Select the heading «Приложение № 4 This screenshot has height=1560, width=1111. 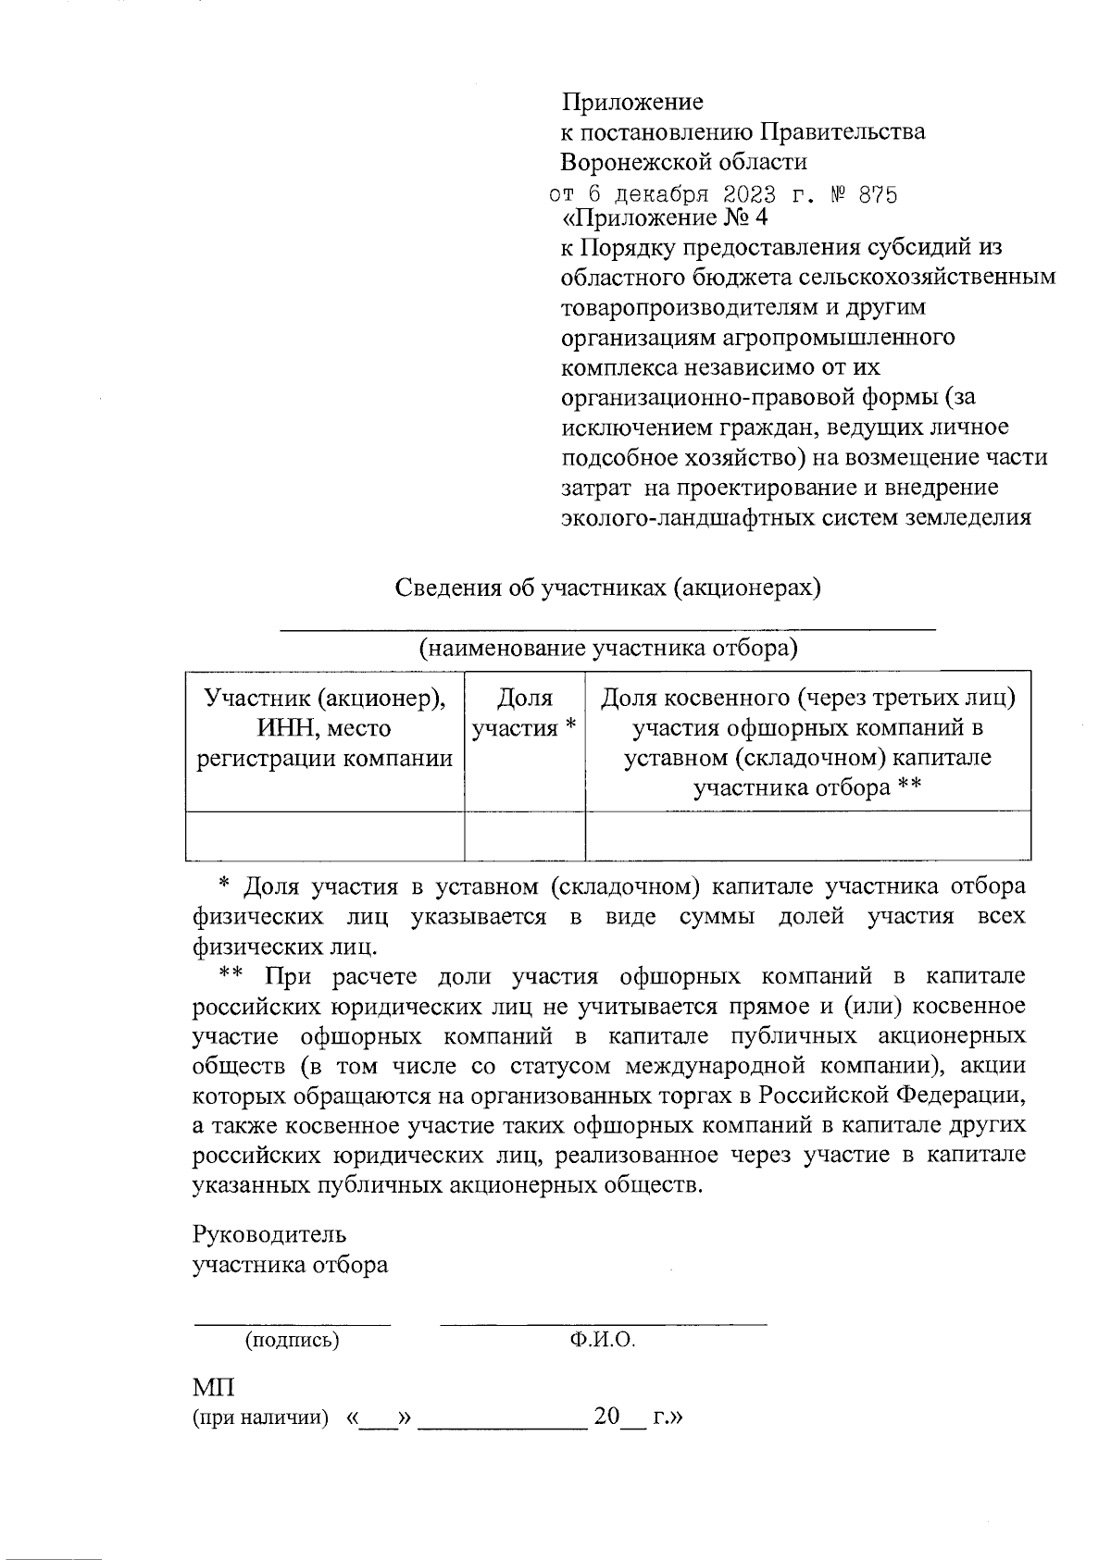coord(665,218)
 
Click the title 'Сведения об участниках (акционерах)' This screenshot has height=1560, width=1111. coord(608,588)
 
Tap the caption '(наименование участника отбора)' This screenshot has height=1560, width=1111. coord(608,648)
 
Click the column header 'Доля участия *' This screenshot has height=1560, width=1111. coord(524,712)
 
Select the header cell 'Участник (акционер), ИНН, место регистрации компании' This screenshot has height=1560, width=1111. coord(324,728)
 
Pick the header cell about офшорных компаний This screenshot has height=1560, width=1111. coord(807,743)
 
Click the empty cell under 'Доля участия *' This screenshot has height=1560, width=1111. coord(524,836)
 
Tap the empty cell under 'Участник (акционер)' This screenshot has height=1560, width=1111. coord(324,836)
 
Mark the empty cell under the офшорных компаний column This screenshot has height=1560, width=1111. coord(807,836)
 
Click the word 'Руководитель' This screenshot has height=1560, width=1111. coord(269,1233)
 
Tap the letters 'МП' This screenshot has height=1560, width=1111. coord(213,1388)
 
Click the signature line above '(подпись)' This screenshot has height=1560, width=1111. coord(291,1324)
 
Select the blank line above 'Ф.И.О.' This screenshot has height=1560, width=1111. coord(603,1324)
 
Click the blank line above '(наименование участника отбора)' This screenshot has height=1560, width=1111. coord(608,629)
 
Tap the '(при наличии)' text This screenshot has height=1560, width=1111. coord(260,1418)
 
